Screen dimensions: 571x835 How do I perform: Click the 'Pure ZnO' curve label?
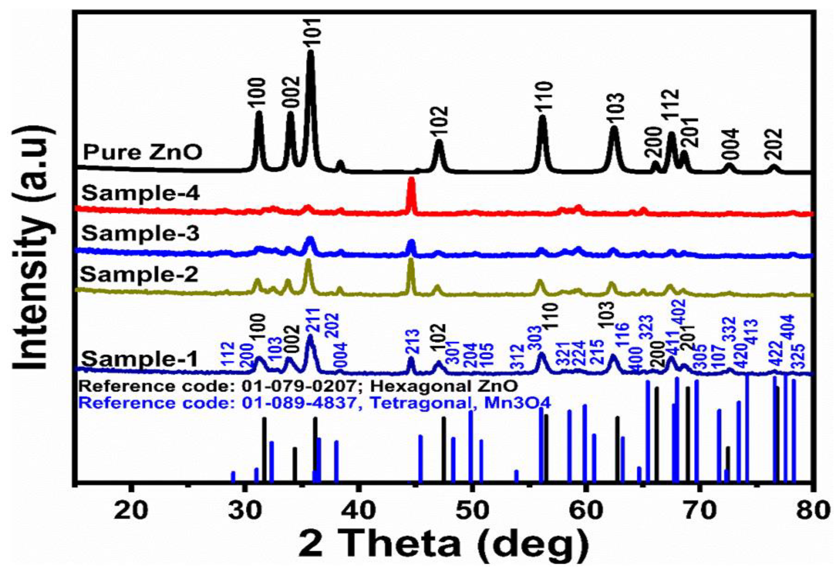(x=143, y=153)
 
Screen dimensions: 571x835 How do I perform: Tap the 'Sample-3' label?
(x=141, y=234)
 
